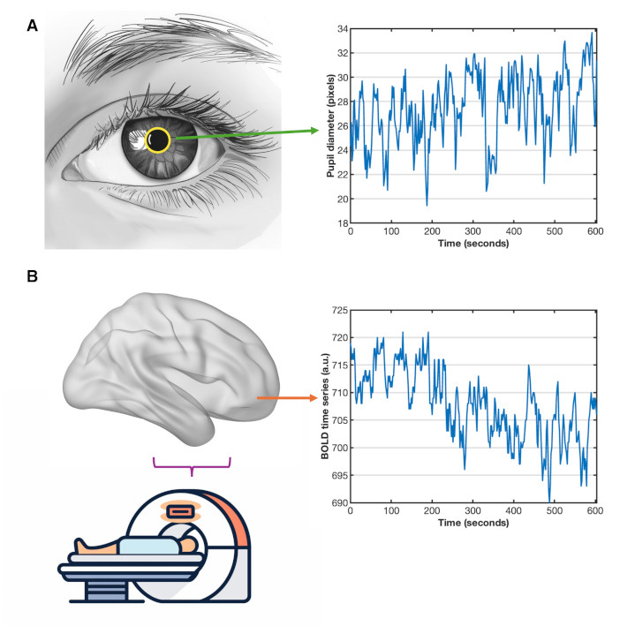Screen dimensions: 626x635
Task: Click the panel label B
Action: [x=34, y=277]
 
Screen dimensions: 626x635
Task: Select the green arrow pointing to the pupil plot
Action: [x=247, y=133]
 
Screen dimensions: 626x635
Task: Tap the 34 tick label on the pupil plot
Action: [x=342, y=29]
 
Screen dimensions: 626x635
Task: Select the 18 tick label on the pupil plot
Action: [x=342, y=222]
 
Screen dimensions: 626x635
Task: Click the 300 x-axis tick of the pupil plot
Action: [x=473, y=232]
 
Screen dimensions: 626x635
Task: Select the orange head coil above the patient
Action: [x=180, y=511]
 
